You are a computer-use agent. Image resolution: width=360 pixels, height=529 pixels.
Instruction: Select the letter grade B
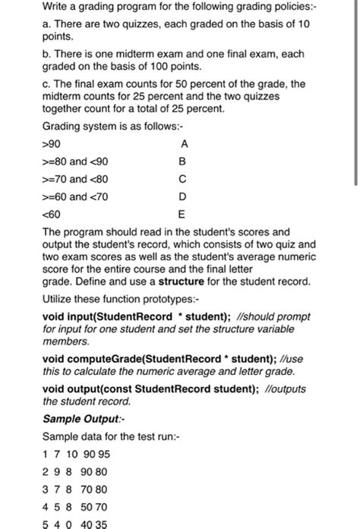[181, 162]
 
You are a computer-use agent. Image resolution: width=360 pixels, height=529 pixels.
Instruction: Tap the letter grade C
[181, 179]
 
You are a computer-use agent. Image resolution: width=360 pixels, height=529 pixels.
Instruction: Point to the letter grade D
[181, 197]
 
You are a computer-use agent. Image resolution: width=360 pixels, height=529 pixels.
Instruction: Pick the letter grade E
[181, 214]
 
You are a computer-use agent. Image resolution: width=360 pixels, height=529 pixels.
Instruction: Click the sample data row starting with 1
[77, 454]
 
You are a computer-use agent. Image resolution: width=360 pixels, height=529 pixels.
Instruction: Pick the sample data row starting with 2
[77, 471]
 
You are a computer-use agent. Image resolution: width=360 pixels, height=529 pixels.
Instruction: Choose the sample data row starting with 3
[75, 489]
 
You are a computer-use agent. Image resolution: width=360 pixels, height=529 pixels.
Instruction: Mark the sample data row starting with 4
[75, 506]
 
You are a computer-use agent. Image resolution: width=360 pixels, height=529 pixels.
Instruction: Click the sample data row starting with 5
[75, 524]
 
